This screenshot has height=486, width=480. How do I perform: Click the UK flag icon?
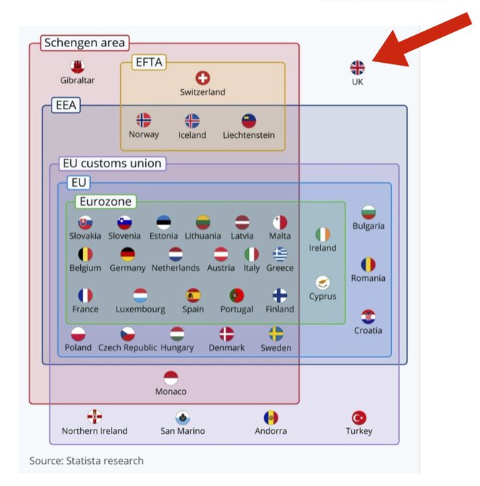pos(357,68)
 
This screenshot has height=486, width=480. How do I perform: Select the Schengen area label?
pos(84,43)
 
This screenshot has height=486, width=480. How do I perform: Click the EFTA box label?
pos(149,63)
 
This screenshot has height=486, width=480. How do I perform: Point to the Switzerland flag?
pos(202,79)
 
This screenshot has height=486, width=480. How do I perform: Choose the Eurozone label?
pos(105,202)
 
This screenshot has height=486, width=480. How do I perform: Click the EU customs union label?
pos(111,164)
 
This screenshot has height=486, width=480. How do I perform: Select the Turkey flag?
pos(358,418)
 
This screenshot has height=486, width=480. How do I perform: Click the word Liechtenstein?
pos(248,135)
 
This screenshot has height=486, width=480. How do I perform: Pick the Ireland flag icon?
pos(323,234)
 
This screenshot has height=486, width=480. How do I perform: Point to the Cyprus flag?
pos(323,283)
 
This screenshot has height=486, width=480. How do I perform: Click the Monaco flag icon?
pos(170,378)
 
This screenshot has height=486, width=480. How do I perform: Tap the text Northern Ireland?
pos(94,431)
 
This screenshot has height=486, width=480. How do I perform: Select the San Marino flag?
pos(182,418)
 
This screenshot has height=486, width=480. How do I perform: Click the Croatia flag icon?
pos(368,317)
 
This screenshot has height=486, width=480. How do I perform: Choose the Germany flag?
pos(127,254)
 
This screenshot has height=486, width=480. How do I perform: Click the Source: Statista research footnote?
pos(86,461)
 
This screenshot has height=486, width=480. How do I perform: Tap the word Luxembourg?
pos(140,309)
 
